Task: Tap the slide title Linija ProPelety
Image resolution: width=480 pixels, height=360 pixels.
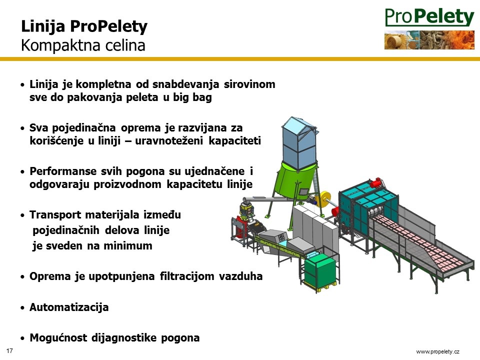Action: click(84, 26)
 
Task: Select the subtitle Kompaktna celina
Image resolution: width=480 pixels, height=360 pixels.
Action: click(83, 45)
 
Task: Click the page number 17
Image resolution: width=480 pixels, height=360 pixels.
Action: click(9, 350)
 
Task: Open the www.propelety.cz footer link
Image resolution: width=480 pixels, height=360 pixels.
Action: click(438, 351)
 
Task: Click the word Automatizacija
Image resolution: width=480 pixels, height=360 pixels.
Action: click(69, 307)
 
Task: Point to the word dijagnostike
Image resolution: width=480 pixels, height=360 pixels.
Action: click(124, 338)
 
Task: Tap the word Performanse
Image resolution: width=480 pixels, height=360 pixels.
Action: click(63, 171)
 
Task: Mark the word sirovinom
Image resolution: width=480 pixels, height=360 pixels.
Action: click(249, 84)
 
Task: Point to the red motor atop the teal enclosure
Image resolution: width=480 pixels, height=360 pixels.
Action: click(375, 183)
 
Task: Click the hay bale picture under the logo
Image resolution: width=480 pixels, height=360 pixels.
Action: click(395, 40)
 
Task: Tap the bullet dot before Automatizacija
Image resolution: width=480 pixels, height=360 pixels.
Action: click(22, 307)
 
